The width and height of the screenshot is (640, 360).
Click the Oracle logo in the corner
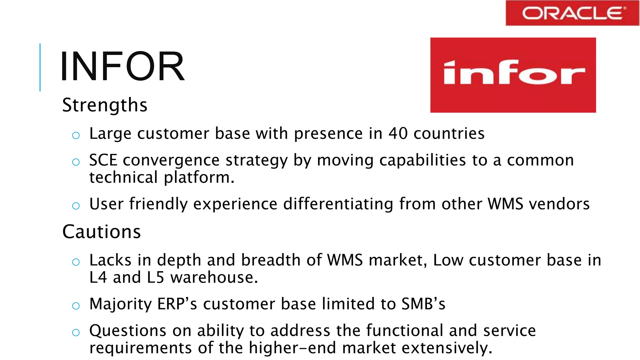tap(572, 13)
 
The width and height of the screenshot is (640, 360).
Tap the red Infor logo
tap(513, 75)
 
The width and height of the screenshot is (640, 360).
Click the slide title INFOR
tap(122, 67)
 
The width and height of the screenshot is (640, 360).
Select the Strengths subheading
tap(105, 105)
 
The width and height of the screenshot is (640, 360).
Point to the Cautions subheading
tap(102, 232)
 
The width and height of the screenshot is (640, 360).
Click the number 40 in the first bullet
tap(398, 133)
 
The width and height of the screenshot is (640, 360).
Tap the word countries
tap(449, 133)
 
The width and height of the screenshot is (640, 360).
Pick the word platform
tap(199, 177)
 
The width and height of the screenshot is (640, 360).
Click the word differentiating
tap(338, 204)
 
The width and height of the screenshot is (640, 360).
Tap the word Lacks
tap(110, 260)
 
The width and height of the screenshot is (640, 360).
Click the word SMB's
tap(423, 304)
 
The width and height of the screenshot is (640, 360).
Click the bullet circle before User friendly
tap(76, 206)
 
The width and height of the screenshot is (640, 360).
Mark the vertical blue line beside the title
tap(40, 67)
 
